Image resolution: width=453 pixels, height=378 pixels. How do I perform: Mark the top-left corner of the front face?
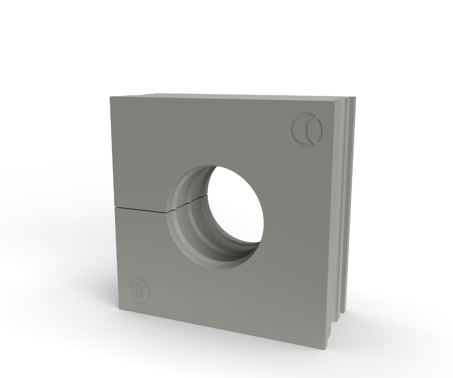(110, 96)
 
